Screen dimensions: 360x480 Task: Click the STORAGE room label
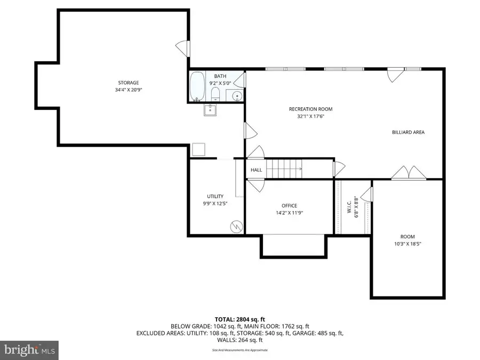click(x=129, y=83)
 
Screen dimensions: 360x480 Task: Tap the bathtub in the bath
click(x=197, y=86)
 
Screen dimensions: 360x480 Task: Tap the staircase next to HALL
click(x=285, y=169)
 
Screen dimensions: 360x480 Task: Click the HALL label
click(x=257, y=170)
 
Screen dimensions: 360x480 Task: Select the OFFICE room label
click(x=289, y=206)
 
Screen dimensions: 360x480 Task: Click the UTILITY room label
click(x=215, y=196)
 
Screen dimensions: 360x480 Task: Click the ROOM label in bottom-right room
click(x=407, y=237)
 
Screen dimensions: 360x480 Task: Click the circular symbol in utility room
click(x=235, y=226)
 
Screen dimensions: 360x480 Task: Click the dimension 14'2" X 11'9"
click(x=289, y=212)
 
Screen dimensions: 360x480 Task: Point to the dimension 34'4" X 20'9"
click(x=129, y=90)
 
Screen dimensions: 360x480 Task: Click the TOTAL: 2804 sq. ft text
click(x=239, y=318)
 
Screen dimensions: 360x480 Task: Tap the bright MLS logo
click(x=30, y=350)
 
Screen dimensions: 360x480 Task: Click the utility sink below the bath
click(x=210, y=110)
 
